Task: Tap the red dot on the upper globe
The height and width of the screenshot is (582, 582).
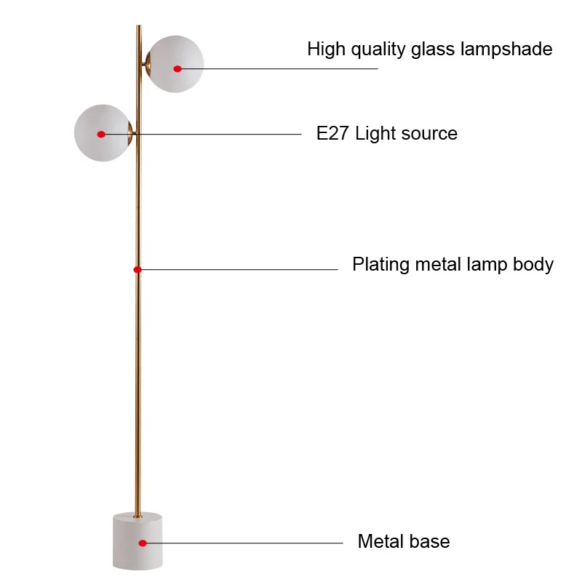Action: point(178,68)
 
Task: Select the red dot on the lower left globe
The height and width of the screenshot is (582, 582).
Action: point(101,134)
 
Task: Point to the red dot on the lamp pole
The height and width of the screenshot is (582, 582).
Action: point(137,269)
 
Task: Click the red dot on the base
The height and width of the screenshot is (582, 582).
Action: point(143,543)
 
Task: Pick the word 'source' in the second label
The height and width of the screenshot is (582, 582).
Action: point(429,134)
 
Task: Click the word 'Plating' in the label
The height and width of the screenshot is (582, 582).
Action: point(381,265)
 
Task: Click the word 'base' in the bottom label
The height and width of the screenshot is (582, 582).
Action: point(431,542)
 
